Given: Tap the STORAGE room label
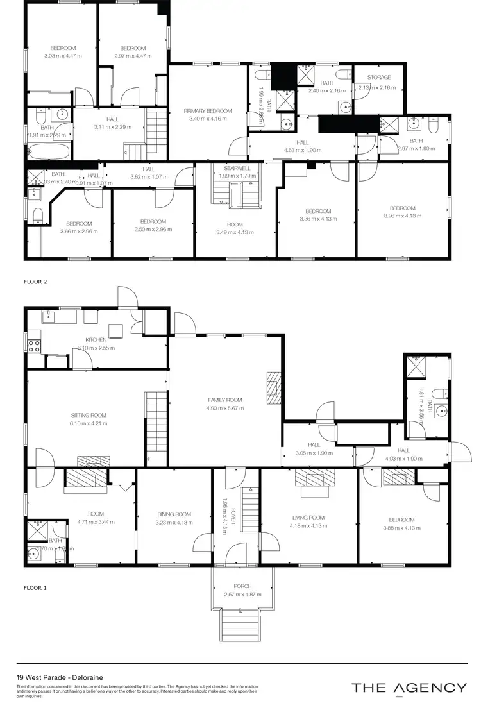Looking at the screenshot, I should [379, 78].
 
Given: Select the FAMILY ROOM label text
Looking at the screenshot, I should [224, 400].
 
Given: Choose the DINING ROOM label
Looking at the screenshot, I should [174, 514].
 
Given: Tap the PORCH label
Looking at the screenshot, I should [242, 586].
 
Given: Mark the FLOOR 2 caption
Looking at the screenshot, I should [36, 281].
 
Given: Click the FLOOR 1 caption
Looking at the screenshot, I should [36, 587].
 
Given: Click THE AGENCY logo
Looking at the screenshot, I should [409, 688].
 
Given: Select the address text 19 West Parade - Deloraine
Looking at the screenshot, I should [60, 677].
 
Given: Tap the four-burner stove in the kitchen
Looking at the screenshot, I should [33, 347].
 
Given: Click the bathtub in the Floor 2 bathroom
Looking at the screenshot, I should [48, 153].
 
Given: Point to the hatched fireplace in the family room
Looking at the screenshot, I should [273, 388].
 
